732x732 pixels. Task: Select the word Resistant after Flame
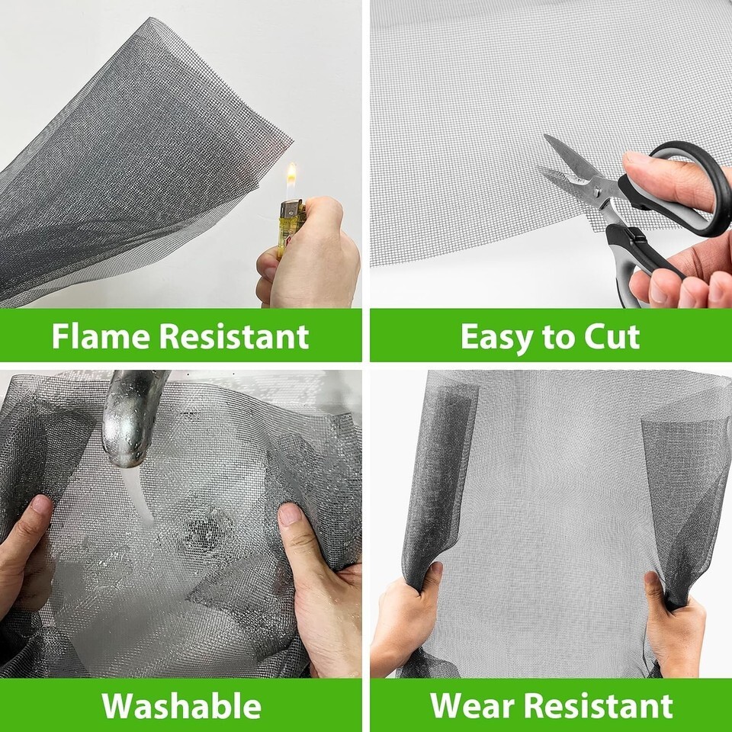[x=234, y=336]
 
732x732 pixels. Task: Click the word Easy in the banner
[x=496, y=337]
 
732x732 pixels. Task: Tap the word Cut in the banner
[x=612, y=336]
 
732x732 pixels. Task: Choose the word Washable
[x=181, y=705]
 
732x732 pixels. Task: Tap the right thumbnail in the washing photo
[x=291, y=513]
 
